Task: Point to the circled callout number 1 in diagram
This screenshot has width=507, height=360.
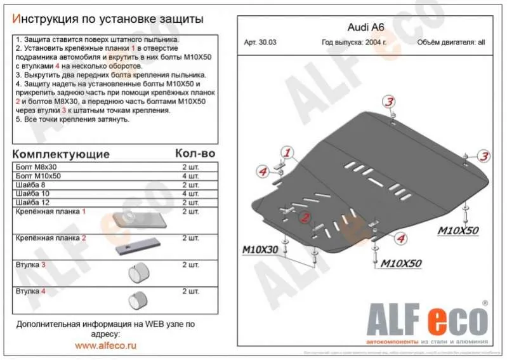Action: tap(287, 153)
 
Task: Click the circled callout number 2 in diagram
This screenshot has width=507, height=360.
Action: tap(305, 218)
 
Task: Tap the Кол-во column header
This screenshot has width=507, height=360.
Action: tap(194, 154)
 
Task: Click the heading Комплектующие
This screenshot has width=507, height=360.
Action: tap(61, 154)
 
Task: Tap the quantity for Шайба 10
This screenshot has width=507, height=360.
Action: tap(190, 193)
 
